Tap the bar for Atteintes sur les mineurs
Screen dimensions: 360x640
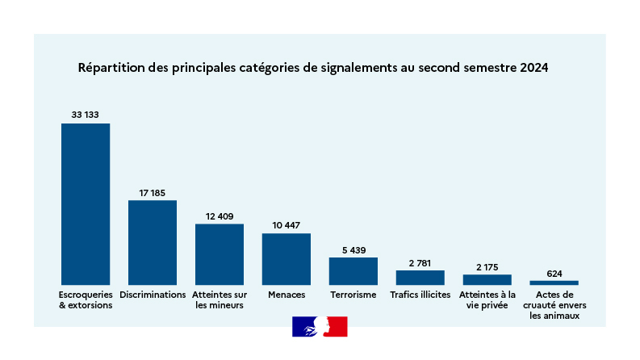(x=220, y=253)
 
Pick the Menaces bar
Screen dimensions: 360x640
(x=287, y=258)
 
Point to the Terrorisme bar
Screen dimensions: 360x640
(x=353, y=270)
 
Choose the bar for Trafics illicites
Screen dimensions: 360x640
(x=420, y=278)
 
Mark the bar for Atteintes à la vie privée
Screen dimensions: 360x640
(x=487, y=279)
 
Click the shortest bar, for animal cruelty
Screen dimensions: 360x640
(x=554, y=283)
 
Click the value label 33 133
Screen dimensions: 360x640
(x=86, y=115)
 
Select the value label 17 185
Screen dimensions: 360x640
(x=153, y=192)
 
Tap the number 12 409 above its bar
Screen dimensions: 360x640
(x=220, y=216)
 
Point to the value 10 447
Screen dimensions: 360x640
(x=287, y=225)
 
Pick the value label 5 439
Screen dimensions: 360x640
(x=353, y=249)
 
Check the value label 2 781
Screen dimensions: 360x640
(x=420, y=262)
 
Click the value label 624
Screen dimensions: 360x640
(x=554, y=273)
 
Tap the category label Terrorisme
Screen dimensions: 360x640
(x=353, y=295)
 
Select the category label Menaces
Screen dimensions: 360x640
(x=287, y=295)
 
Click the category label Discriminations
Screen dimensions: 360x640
(x=153, y=295)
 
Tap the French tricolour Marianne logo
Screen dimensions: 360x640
(x=320, y=326)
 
